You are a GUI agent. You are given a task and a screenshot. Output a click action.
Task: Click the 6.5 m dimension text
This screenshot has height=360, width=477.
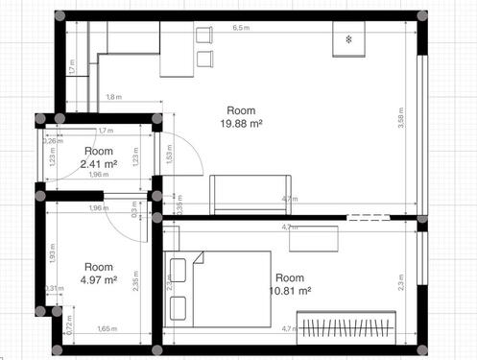pos(241,28)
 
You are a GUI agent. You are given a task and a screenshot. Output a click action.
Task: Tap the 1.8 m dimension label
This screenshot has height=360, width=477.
pos(113,97)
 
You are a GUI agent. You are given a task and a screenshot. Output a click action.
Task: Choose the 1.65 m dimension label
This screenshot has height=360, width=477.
pos(107,329)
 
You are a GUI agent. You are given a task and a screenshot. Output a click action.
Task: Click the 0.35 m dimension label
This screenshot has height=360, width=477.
pos(179,204)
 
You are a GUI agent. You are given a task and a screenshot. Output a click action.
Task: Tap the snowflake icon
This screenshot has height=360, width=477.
pos(348,40)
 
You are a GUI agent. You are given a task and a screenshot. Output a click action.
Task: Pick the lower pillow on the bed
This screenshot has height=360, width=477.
pos(178,307)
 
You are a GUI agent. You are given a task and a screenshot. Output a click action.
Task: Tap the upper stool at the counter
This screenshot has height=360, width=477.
pos(203,36)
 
